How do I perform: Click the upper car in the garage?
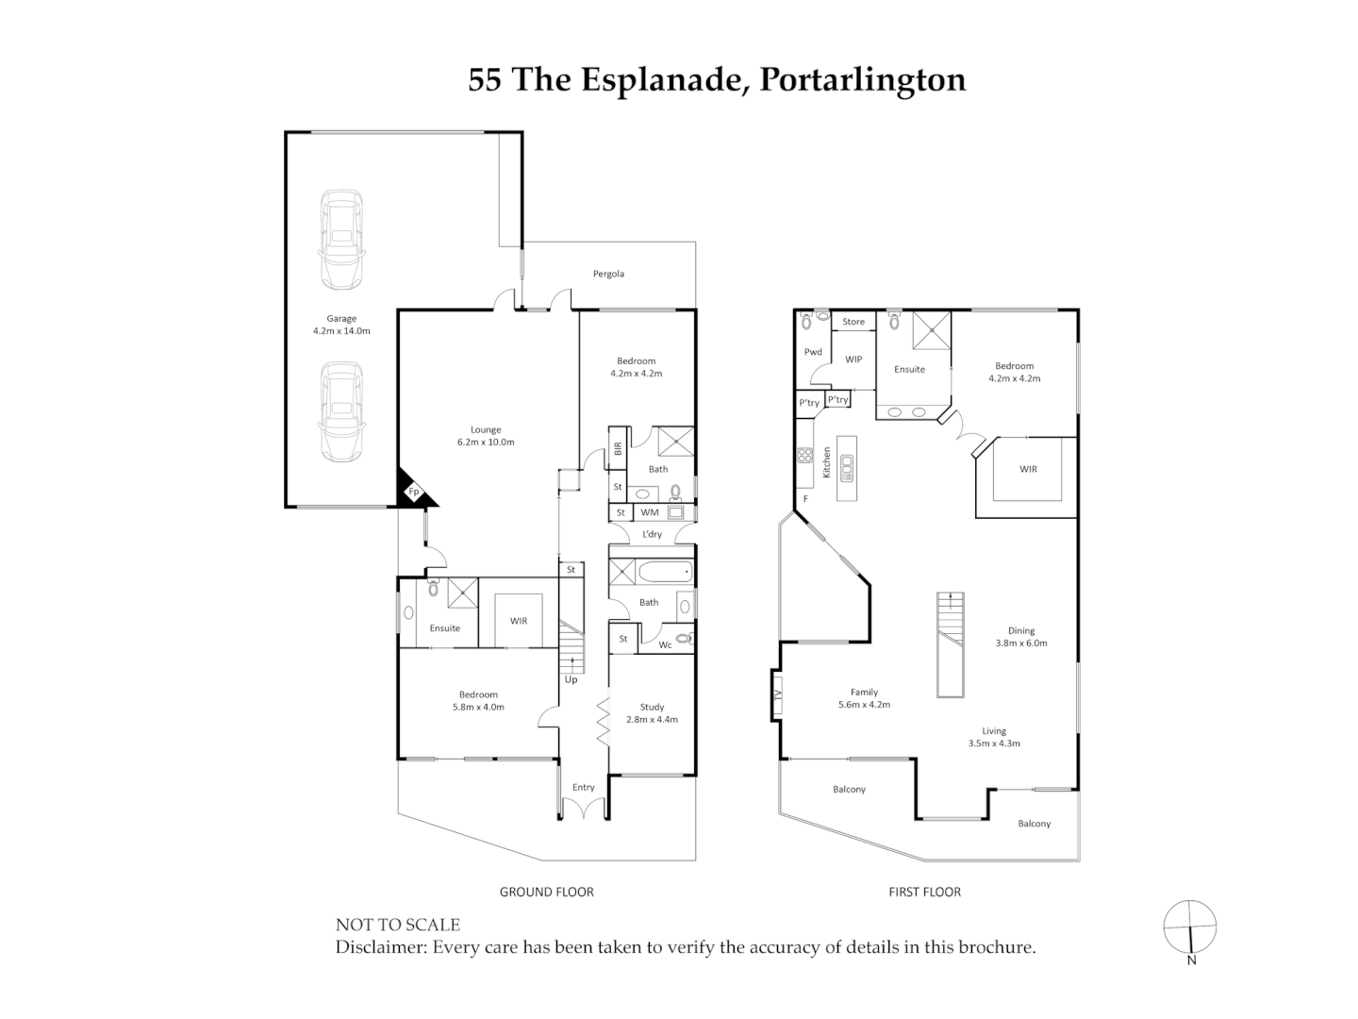(341, 240)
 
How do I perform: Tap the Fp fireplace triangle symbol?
(411, 492)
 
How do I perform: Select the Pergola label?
(608, 274)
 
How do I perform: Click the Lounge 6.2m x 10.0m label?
(486, 436)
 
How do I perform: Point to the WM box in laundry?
(650, 512)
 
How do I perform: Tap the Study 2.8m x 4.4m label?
(652, 712)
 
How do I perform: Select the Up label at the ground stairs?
(571, 679)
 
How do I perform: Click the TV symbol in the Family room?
(778, 694)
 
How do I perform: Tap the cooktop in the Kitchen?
(805, 456)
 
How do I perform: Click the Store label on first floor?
(853, 322)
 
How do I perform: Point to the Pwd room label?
(813, 352)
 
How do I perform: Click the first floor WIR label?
(1028, 469)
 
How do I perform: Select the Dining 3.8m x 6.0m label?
(1021, 637)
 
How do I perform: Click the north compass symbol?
(1190, 927)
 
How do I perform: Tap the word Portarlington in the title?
(862, 79)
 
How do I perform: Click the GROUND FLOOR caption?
(546, 892)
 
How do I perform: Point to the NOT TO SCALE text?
(398, 925)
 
